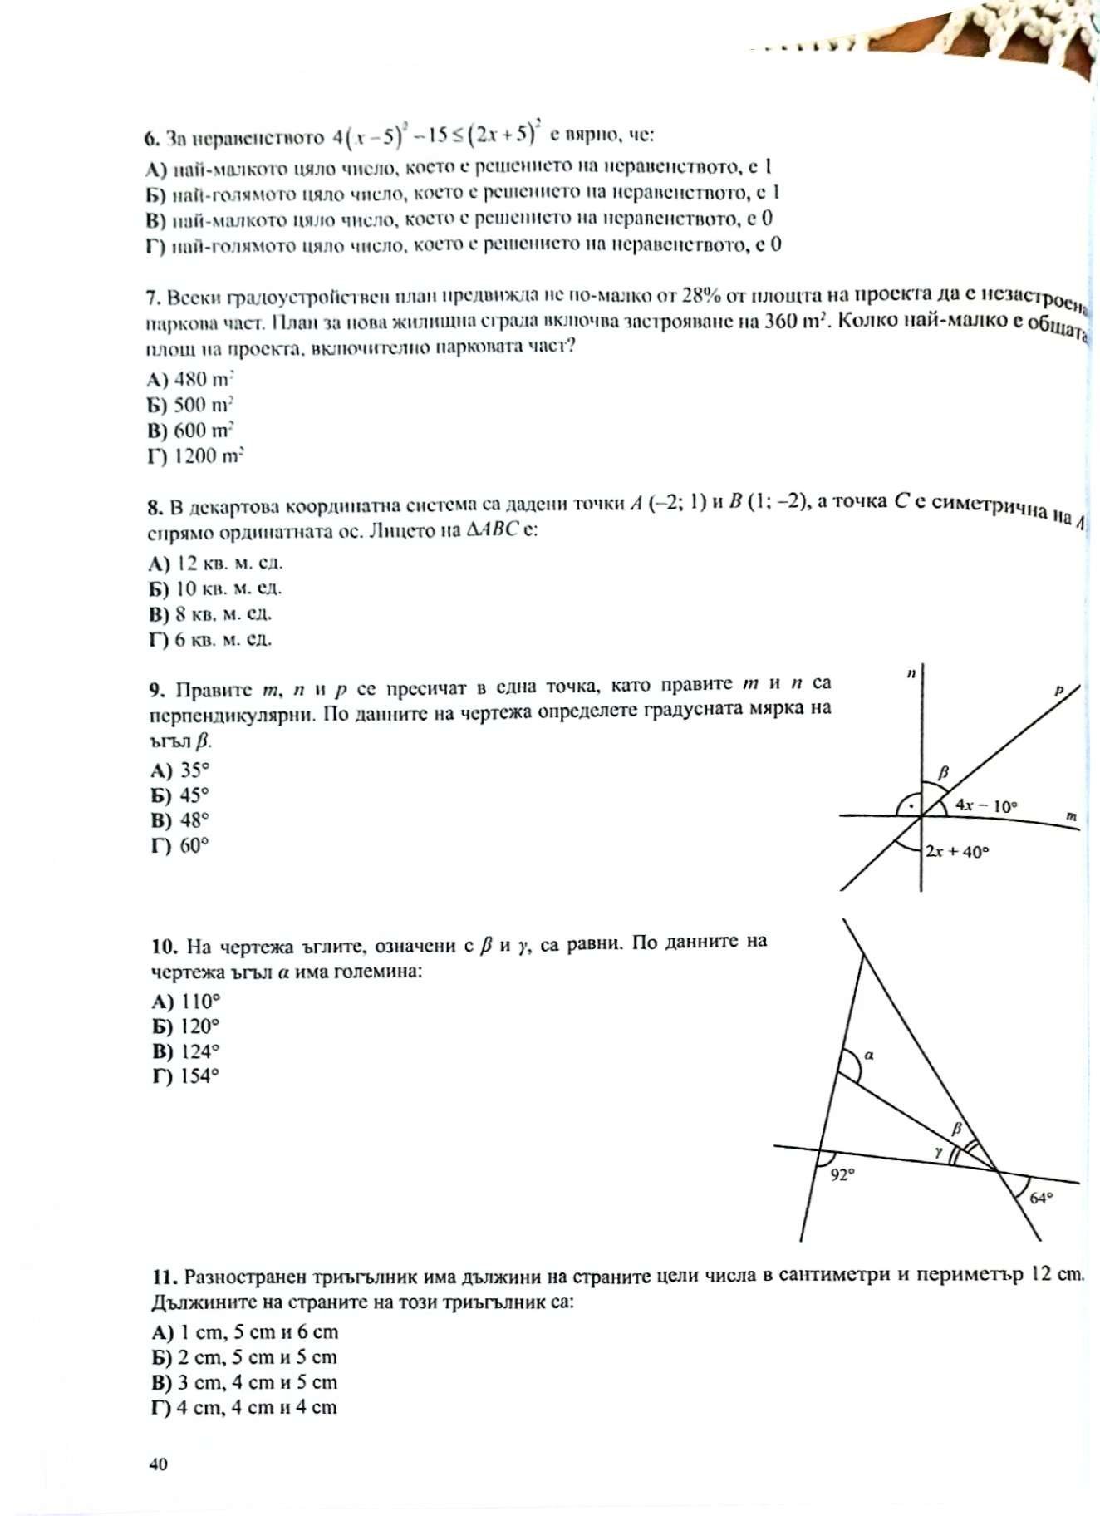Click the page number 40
coord(158,1464)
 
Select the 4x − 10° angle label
coord(986,805)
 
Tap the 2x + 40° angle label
coord(958,851)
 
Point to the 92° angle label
coord(842,1175)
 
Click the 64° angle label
coord(1041,1198)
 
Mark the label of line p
coord(1059,690)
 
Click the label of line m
coord(1072,818)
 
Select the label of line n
coord(911,674)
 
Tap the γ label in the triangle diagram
coord(938,1152)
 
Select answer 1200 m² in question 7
coord(209,456)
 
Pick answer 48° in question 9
coord(194,820)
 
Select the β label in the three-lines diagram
coord(943,773)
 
